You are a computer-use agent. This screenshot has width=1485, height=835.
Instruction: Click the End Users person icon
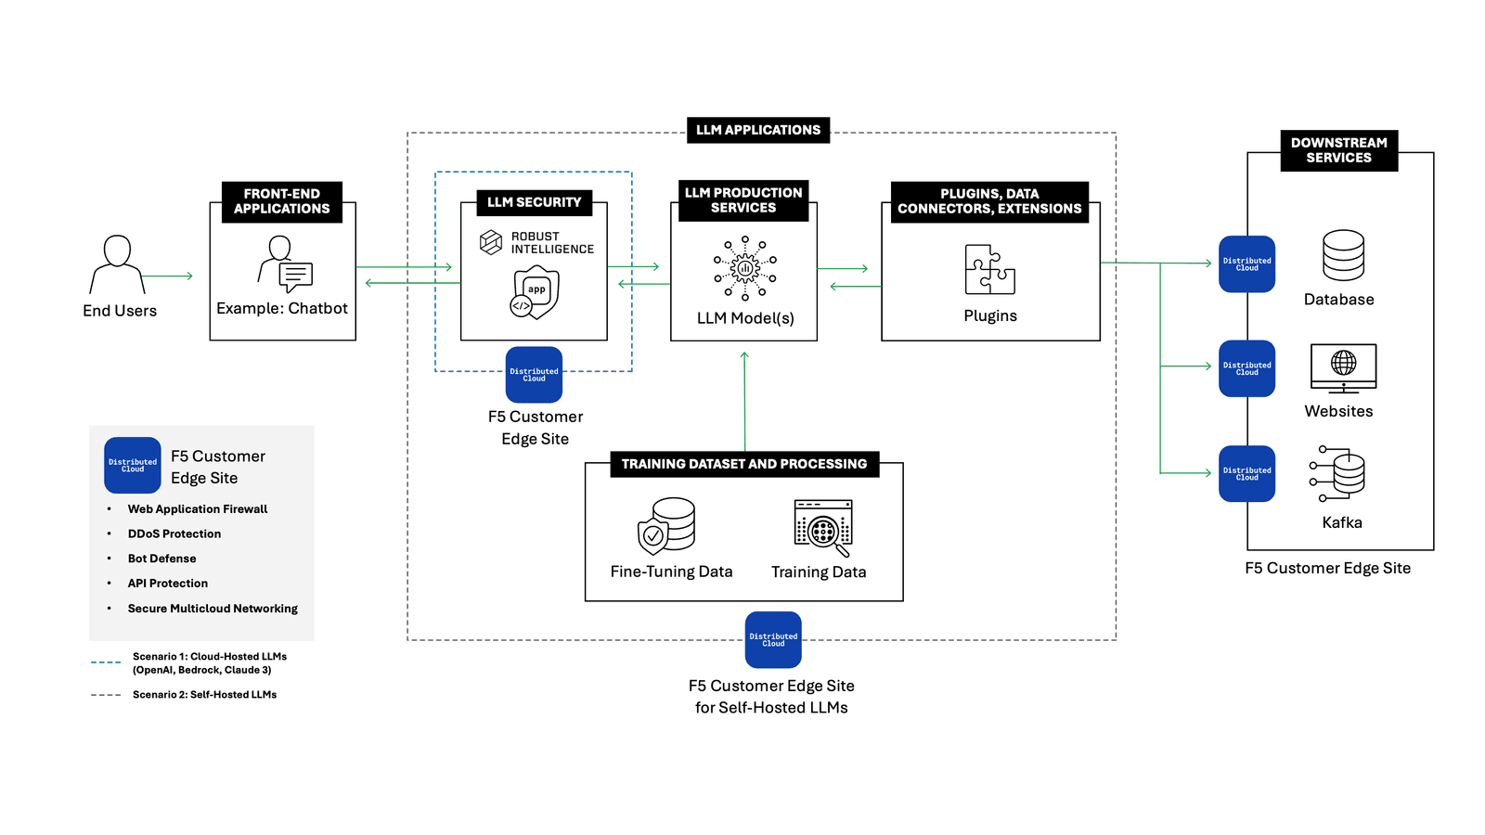(118, 264)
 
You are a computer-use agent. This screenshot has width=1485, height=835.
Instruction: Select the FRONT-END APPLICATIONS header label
(282, 201)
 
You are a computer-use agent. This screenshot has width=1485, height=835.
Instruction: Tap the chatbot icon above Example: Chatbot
(285, 263)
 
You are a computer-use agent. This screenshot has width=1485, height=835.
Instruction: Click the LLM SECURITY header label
(534, 202)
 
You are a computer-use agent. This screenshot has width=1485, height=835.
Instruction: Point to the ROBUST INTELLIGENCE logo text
(551, 243)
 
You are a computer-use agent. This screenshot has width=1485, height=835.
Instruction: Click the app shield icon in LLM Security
(536, 292)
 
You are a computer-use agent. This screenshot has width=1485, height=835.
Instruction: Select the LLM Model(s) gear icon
(744, 268)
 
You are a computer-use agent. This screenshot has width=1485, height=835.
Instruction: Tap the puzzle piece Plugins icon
(989, 270)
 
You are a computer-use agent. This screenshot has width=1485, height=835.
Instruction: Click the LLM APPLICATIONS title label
(758, 130)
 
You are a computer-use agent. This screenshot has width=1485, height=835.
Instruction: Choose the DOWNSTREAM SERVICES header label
(1338, 150)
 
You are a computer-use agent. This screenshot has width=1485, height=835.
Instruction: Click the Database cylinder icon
(1343, 255)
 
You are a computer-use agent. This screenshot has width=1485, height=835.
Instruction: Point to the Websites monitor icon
(1343, 368)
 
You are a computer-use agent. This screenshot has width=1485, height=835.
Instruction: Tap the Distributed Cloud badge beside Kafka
(1246, 474)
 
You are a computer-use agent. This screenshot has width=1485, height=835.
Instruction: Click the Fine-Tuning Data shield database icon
(667, 525)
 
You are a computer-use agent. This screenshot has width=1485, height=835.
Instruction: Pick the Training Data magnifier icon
(823, 528)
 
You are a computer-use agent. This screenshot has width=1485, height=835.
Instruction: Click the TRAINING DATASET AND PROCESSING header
(743, 464)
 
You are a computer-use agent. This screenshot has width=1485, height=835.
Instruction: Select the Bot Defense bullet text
(162, 559)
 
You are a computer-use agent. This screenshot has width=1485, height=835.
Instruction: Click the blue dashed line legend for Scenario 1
(106, 662)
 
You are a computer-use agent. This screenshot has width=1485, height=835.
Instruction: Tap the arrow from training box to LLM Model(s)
(744, 399)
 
